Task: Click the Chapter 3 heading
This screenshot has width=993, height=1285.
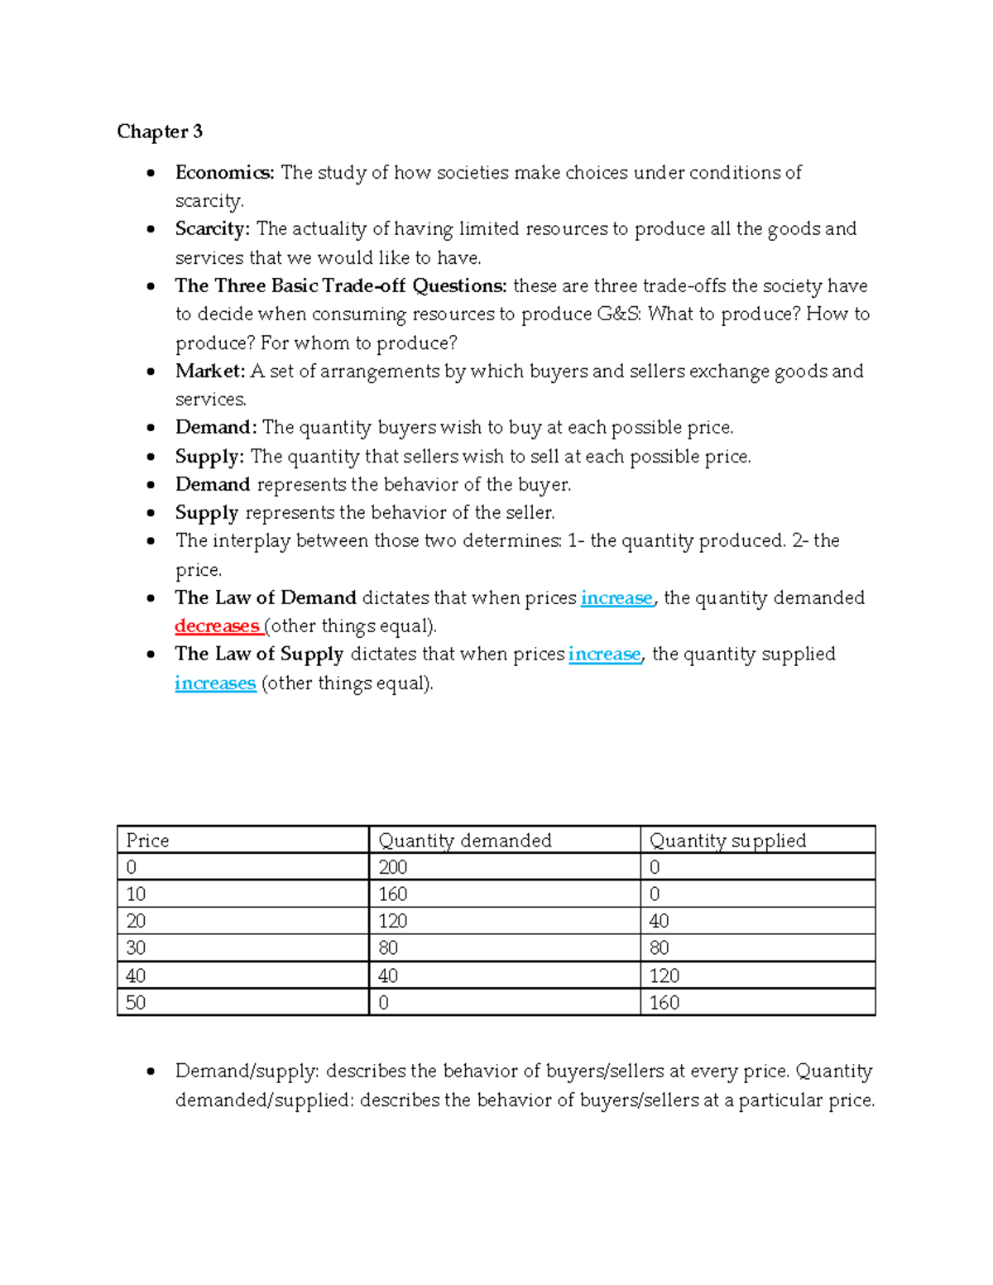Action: [160, 132]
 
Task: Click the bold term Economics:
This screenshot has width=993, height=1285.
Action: [224, 172]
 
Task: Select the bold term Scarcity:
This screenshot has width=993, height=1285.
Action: [212, 228]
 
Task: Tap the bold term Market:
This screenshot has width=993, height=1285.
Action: [210, 371]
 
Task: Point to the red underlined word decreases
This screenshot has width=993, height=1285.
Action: [217, 626]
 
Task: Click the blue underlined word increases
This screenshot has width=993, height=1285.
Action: [215, 683]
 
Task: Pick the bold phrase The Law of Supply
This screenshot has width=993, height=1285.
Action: [259, 654]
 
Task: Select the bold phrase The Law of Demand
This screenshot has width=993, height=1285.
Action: [266, 597]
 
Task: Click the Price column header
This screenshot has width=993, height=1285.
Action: [147, 841]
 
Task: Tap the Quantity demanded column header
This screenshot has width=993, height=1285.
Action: [464, 841]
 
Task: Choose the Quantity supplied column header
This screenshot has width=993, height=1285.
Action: [727, 841]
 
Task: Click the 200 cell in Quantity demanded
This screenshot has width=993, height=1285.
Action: [392, 867]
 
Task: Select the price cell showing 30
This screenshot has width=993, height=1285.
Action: [136, 948]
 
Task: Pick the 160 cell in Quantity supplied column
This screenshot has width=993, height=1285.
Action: [664, 1003]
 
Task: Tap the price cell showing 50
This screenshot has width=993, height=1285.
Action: [136, 1003]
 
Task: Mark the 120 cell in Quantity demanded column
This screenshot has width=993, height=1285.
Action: [392, 921]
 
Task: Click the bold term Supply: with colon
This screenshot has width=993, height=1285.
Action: [209, 457]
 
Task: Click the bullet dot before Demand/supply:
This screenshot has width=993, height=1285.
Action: [151, 1072]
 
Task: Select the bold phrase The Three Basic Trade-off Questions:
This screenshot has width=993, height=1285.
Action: [341, 285]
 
